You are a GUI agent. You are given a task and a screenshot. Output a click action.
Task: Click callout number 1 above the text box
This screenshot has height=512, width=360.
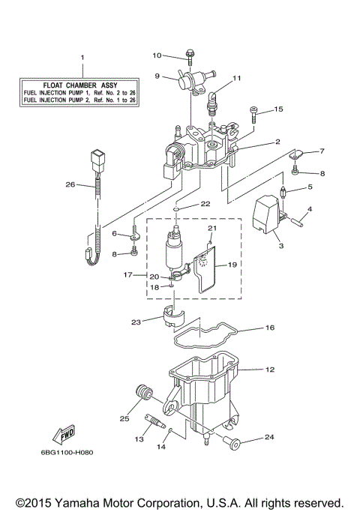click(x=83, y=58)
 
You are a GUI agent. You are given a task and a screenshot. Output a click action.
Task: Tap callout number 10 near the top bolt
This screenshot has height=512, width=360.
click(x=157, y=55)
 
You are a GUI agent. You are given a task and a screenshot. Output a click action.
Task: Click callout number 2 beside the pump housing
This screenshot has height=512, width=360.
click(x=256, y=141)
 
